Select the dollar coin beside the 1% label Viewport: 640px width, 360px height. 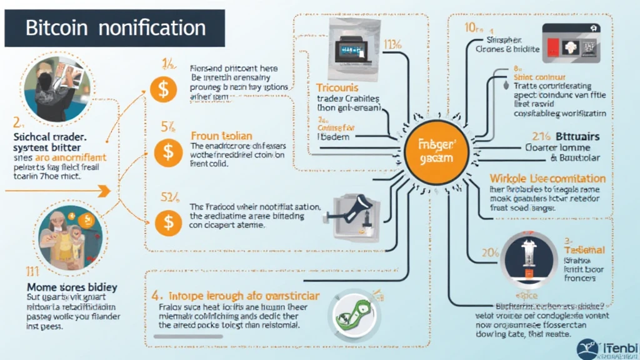pos(162,89)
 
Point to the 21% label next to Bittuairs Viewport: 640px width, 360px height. pos(541,136)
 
